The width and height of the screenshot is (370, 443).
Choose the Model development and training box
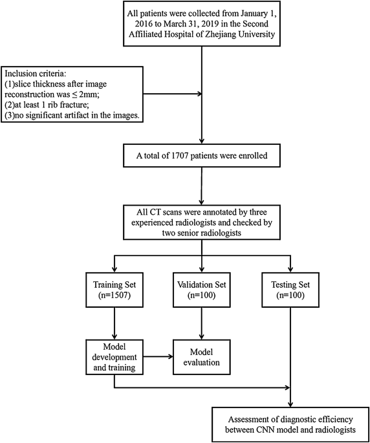coord(114,356)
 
